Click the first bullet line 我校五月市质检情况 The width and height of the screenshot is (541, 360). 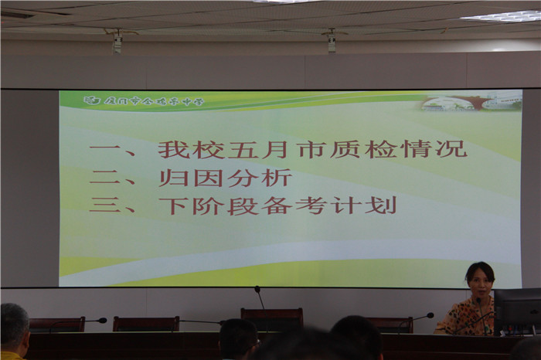pos(312,148)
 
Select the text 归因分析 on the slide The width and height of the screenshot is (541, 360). pos(225,178)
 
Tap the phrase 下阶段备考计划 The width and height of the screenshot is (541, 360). pos(277,205)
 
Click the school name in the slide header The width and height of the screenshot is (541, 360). pos(154,100)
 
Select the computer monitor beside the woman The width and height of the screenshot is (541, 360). pos(517,309)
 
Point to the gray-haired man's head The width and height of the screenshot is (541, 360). pos(14,324)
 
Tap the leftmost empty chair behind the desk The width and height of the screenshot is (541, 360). pos(56,324)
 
